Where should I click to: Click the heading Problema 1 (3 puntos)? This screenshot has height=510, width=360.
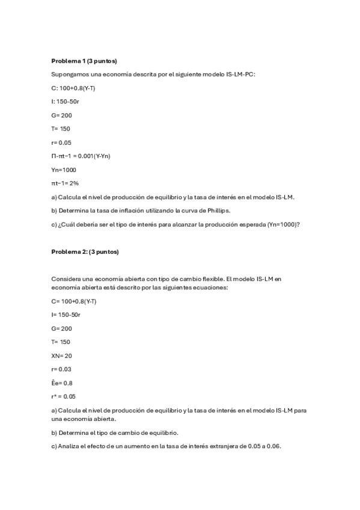click(x=84, y=61)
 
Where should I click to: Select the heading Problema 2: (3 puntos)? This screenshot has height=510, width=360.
click(x=85, y=251)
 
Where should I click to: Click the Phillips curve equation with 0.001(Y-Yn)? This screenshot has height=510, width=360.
click(x=81, y=156)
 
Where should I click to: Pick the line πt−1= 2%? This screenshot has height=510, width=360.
click(x=66, y=183)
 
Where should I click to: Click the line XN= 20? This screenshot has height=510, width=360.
click(x=62, y=355)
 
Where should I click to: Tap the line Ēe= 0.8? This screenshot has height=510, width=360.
click(x=62, y=382)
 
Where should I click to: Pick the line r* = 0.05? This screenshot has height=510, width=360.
click(x=64, y=396)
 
